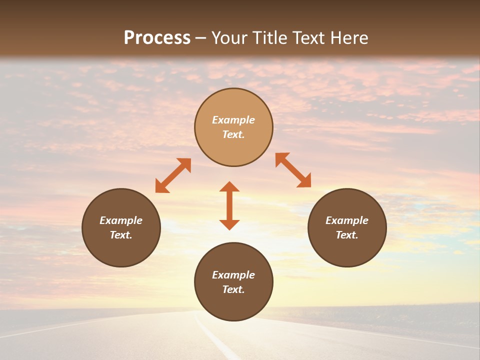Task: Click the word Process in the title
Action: (x=157, y=37)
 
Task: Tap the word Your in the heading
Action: (x=229, y=37)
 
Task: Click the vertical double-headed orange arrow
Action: (x=229, y=205)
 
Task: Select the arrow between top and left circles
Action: (x=173, y=175)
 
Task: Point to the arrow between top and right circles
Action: (x=293, y=170)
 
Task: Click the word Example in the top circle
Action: (x=233, y=120)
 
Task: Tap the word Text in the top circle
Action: (x=232, y=134)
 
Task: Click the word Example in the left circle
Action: (x=121, y=220)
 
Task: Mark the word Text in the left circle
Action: (x=120, y=235)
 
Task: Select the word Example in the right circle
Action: (x=347, y=220)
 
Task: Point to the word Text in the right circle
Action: (x=346, y=235)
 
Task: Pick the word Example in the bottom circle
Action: (x=233, y=275)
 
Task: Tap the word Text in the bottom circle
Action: (x=232, y=289)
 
